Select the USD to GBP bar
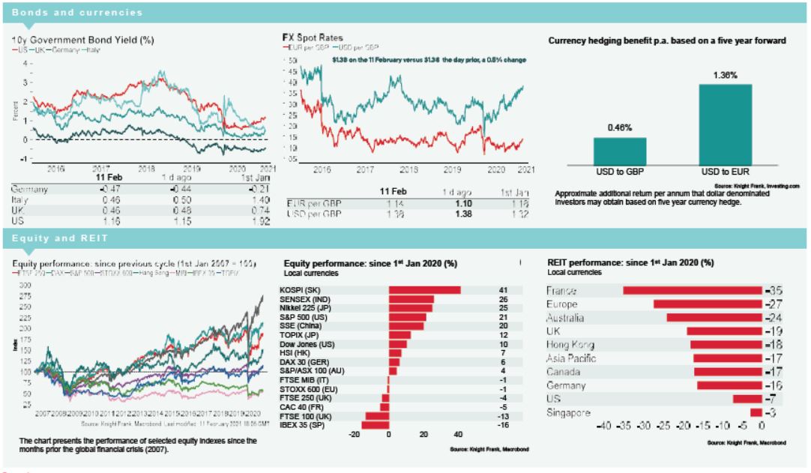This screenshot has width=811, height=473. point(620,151)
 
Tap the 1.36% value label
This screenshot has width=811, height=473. point(725,75)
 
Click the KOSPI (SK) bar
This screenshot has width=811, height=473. point(424,290)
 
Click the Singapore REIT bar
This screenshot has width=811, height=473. point(756,413)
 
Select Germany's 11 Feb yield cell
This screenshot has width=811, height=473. point(103,190)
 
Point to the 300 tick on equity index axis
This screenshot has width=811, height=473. point(25,286)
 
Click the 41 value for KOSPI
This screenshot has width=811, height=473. point(504,290)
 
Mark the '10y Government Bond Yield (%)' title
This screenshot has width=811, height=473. point(82,40)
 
